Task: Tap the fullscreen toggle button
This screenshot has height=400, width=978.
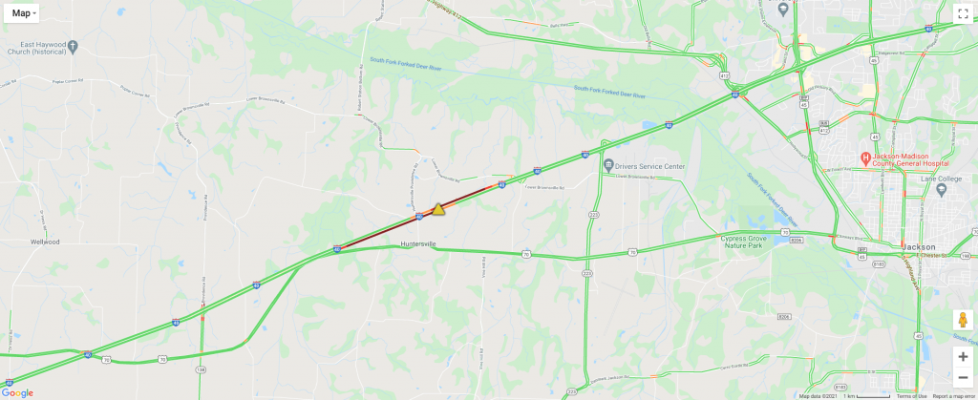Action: (963, 13)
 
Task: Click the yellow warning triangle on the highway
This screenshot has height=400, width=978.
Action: (438, 209)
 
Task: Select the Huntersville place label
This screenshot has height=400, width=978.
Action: (418, 244)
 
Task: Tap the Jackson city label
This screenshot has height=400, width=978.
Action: (918, 246)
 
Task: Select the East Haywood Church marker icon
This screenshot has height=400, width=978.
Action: (74, 46)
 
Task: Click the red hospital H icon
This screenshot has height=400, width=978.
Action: (864, 158)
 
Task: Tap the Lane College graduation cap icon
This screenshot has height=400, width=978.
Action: (941, 189)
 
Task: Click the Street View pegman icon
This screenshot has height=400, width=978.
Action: (963, 322)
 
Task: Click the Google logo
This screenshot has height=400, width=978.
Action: (17, 392)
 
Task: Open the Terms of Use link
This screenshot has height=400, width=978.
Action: (911, 396)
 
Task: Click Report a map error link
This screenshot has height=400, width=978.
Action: (954, 396)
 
